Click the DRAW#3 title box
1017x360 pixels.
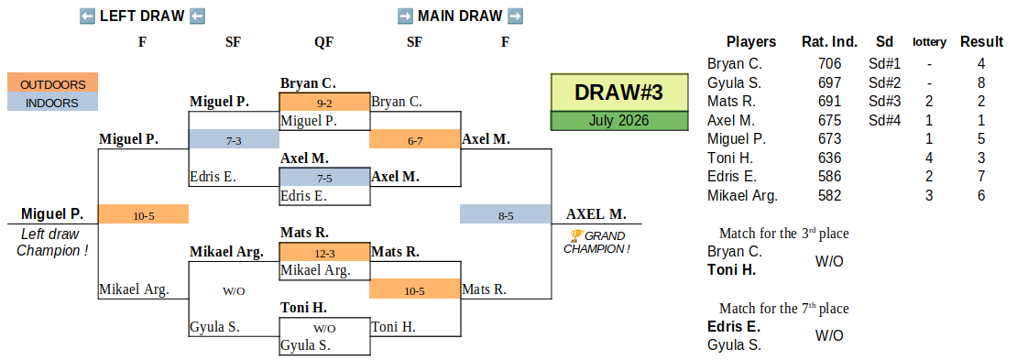coord(619,93)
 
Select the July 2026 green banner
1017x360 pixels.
coord(619,121)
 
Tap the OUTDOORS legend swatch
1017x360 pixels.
coord(52,82)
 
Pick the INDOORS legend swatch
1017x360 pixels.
coord(52,102)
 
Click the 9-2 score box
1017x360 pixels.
coord(324,103)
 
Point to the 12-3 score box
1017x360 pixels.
coord(324,252)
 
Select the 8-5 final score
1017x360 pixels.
coord(505,214)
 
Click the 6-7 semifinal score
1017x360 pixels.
coord(414,139)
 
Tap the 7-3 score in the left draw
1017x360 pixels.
coord(234,139)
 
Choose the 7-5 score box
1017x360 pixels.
coord(324,177)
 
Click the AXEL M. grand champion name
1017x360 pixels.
coord(596,214)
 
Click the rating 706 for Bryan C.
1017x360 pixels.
coord(829,63)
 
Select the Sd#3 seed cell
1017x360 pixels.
coord(884,101)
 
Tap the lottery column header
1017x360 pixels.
coord(929,42)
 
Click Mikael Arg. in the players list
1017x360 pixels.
coord(742,195)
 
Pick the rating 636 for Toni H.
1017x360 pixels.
coord(829,158)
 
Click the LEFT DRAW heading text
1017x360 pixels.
coord(142,16)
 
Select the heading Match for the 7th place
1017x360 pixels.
coord(783,309)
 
